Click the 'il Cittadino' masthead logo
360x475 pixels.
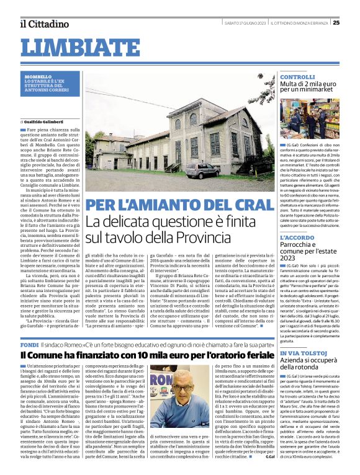tap(43, 24)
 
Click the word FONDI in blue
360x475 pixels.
tap(30, 344)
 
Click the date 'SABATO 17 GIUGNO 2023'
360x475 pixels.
tap(245, 23)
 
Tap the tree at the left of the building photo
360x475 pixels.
tap(98, 140)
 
